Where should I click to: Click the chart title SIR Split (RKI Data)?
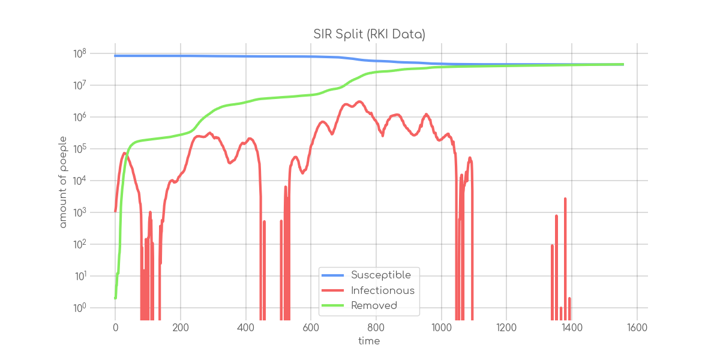point(369,35)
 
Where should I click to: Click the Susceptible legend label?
point(381,275)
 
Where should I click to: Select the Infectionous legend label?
point(383,290)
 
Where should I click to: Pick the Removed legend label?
point(374,305)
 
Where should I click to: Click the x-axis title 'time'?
point(369,341)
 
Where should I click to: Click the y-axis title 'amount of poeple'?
point(63,182)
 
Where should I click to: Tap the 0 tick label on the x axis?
point(115,328)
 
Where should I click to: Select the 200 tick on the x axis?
point(181,328)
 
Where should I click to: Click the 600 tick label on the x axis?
point(311,328)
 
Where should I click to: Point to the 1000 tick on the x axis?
point(441,328)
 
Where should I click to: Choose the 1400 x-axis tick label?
point(571,328)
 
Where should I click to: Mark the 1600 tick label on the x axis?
point(637,328)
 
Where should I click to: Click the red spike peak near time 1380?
point(565,198)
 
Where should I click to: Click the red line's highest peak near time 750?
point(359,101)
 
